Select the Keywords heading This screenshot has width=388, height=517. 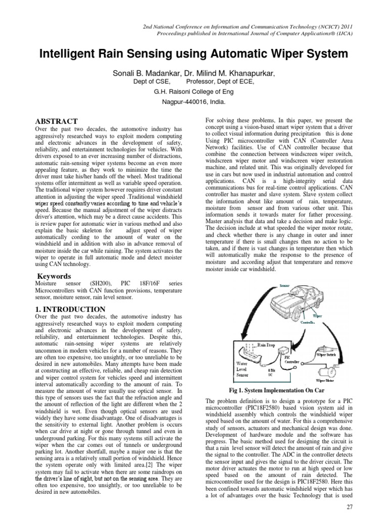55,276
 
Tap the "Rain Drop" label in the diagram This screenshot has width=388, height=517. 268,344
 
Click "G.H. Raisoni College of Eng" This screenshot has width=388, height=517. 194,92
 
